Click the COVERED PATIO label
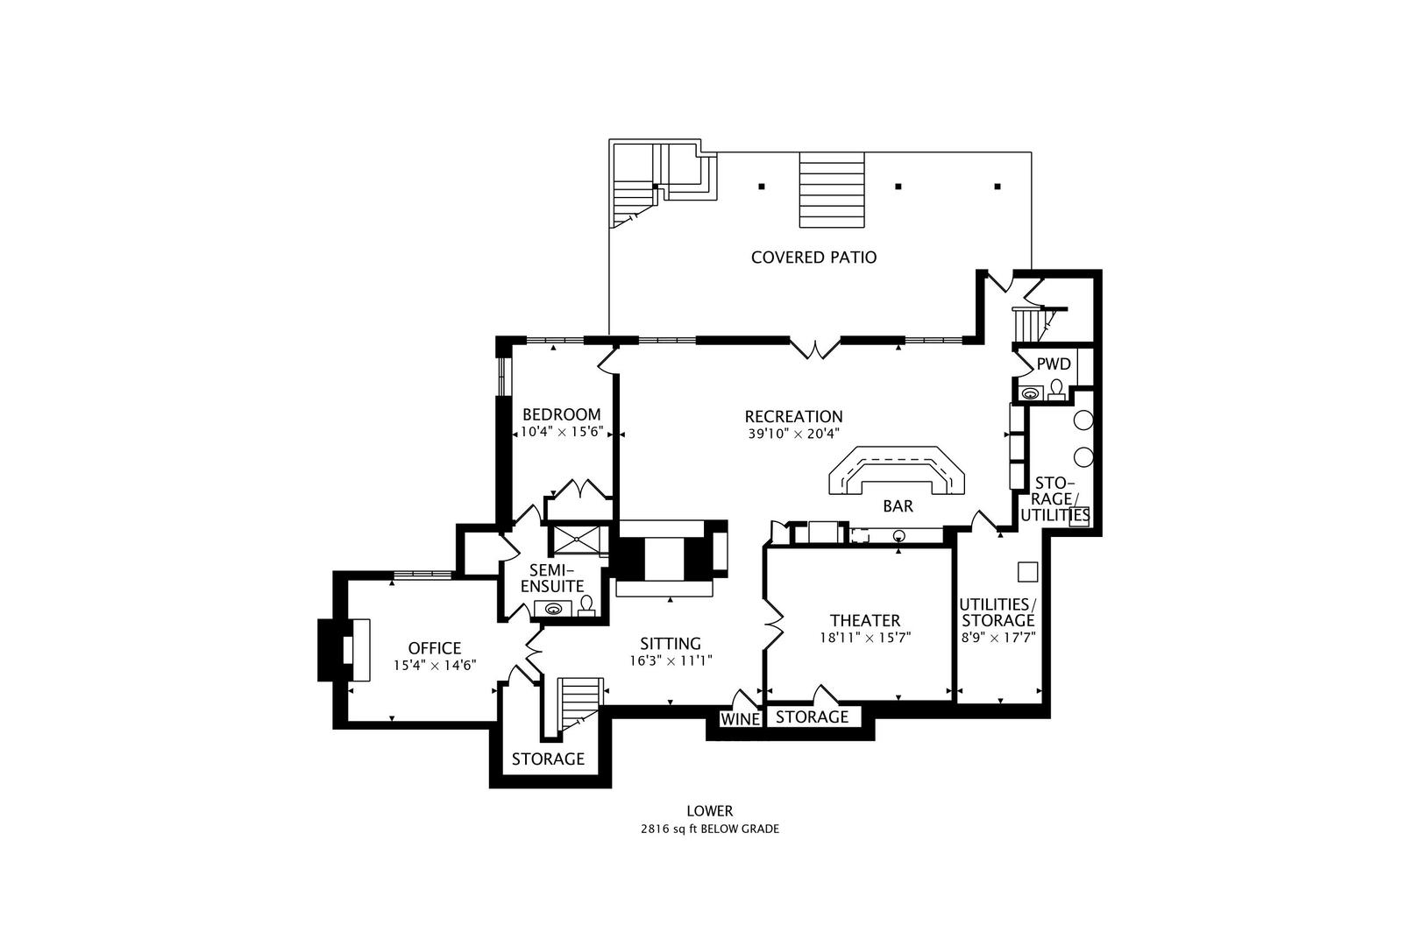813,257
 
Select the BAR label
898,506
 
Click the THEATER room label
865,621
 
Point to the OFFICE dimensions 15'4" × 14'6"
434,665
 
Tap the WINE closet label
740,719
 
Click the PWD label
1054,364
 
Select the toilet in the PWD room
1057,388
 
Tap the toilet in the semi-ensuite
586,604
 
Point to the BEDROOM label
561,414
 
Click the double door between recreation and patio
816,347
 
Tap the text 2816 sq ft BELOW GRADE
709,829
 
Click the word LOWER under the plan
709,811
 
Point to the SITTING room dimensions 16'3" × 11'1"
671,660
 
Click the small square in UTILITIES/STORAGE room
1027,572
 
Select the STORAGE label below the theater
813,717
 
